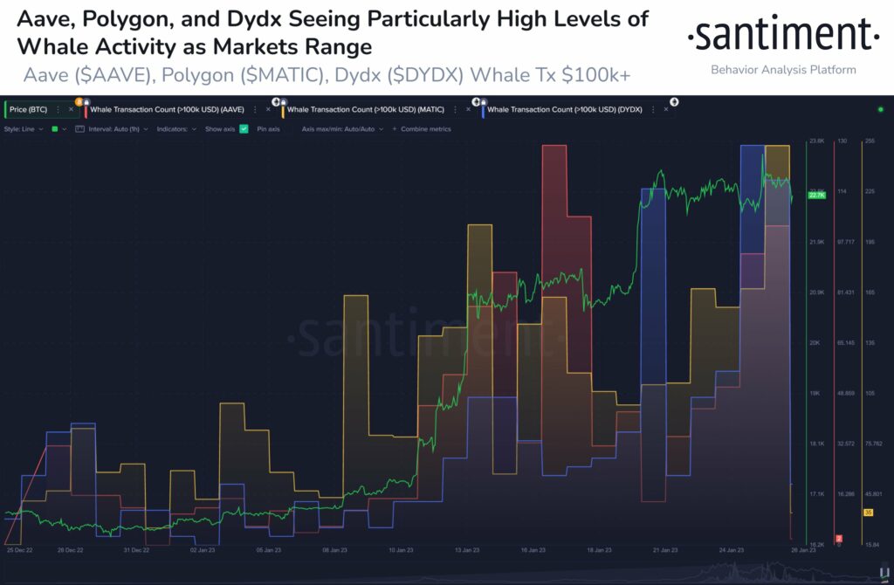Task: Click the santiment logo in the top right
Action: click(783, 36)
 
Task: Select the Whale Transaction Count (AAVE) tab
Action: click(171, 110)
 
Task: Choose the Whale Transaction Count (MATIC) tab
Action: click(366, 110)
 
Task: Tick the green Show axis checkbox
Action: click(244, 128)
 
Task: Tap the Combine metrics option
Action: click(425, 128)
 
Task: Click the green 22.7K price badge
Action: click(817, 195)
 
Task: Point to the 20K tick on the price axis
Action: click(815, 342)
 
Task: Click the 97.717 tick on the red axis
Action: click(845, 241)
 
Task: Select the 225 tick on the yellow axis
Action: click(870, 190)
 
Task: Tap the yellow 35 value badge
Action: click(869, 513)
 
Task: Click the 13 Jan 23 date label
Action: click(466, 551)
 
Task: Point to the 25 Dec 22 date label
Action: click(19, 551)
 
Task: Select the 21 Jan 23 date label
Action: click(664, 551)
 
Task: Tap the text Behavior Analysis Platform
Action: click(783, 70)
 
